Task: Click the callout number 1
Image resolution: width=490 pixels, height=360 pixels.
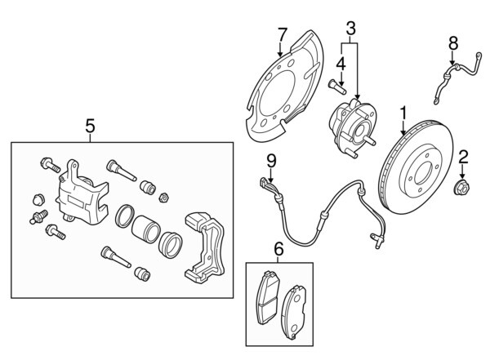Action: pos(403,110)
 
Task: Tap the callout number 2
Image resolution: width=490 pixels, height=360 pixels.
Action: pos(462,157)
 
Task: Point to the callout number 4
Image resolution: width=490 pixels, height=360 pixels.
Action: pos(341,62)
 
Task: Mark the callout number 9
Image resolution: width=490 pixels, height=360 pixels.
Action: pos(272,160)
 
